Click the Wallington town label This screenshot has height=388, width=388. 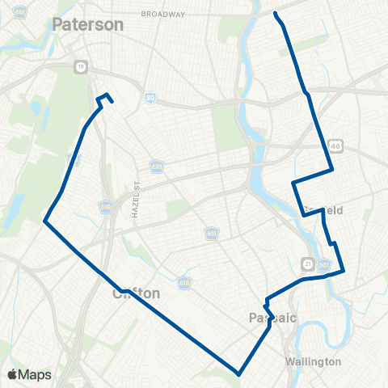(314, 361)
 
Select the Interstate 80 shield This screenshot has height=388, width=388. (151, 98)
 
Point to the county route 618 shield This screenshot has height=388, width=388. (185, 285)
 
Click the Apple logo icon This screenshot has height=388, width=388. (12, 374)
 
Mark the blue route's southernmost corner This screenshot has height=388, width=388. (239, 373)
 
